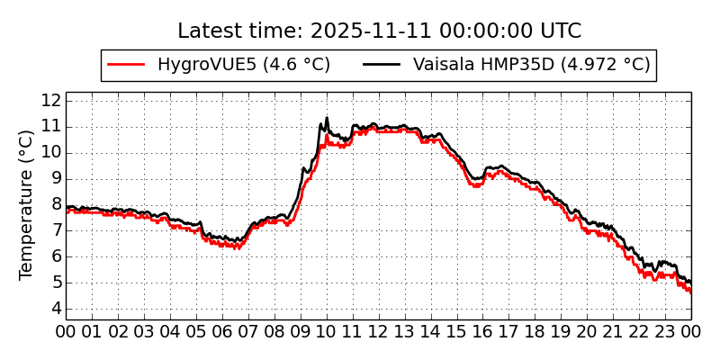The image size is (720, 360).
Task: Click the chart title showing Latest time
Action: pos(379,31)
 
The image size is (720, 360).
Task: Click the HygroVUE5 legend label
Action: pos(243,65)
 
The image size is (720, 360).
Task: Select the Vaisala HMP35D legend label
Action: pos(531,65)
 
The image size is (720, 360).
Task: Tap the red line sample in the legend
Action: pos(126,65)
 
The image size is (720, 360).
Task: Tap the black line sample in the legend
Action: pos(382,65)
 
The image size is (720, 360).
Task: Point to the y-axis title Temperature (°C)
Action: pos(27,204)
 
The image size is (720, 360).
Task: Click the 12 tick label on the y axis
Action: pos(50,100)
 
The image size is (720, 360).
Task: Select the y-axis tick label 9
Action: pos(55,178)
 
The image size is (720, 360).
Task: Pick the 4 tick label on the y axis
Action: pos(55,309)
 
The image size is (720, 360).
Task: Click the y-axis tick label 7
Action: pos(55,230)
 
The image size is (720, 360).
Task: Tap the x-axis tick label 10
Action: pos(327,331)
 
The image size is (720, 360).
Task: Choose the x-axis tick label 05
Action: pos(196,331)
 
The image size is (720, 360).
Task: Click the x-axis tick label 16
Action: pos(483,331)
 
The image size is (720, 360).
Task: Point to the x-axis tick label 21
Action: pos(614,331)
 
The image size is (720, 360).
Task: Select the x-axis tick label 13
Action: pos(405,331)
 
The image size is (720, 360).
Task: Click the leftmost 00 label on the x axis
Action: pos(66,331)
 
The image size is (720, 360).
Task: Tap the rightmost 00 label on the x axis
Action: pos(691,331)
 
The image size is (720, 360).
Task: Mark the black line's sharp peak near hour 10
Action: pos(327,117)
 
